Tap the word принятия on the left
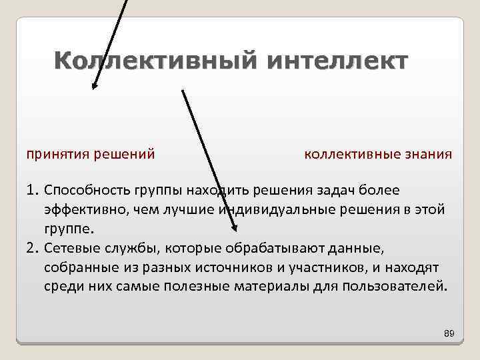click(54, 155)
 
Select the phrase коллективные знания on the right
click(378, 155)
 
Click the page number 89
click(448, 333)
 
